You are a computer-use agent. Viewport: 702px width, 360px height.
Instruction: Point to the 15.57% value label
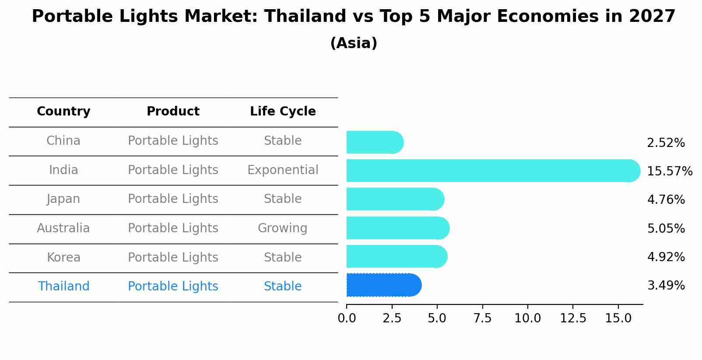[x=669, y=171]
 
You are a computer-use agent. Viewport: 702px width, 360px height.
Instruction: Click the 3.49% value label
[x=666, y=286]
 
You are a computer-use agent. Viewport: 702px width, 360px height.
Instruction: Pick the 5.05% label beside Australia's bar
[x=666, y=228]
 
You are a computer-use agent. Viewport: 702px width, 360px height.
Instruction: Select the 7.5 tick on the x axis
[x=482, y=318]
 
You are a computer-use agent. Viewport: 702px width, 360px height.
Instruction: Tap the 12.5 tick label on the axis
[x=573, y=318]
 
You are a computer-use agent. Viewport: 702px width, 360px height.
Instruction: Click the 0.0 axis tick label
[x=347, y=318]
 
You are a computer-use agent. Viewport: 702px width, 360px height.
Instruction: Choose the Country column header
[x=63, y=112]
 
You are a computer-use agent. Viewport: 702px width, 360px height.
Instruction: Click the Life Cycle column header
[x=283, y=112]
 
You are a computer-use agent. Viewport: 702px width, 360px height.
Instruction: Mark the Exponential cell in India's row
[x=283, y=170]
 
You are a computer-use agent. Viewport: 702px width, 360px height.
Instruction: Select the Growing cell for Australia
[x=283, y=228]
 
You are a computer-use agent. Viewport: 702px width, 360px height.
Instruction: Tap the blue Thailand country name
[x=63, y=286]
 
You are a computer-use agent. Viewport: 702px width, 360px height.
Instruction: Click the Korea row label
[x=63, y=257]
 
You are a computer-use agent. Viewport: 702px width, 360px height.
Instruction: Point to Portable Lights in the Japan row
[x=173, y=199]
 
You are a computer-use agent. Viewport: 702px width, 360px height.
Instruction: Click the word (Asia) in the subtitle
[x=354, y=43]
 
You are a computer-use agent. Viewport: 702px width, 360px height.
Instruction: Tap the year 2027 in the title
[x=652, y=17]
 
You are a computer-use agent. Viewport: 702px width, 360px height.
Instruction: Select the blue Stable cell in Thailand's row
[x=283, y=286]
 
